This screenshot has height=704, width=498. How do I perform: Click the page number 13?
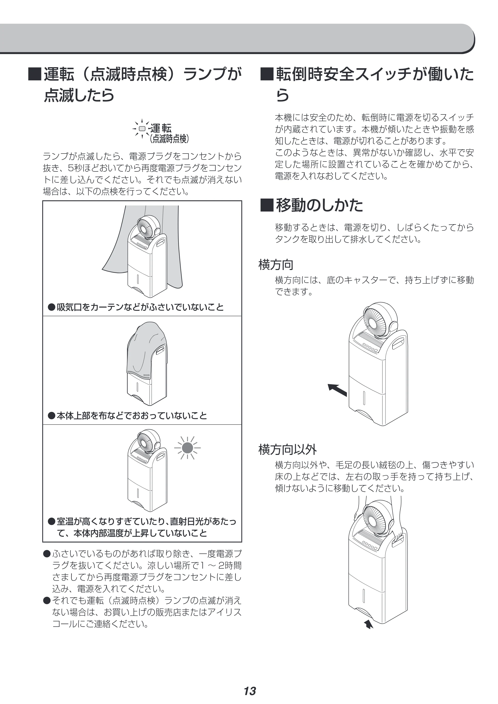(x=250, y=682)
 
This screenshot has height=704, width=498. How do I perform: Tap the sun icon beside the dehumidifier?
(x=187, y=448)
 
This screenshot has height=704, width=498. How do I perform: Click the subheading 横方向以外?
(x=287, y=449)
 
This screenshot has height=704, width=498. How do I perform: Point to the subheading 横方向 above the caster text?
(x=276, y=265)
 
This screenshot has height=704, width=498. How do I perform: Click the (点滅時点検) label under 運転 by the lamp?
(x=169, y=139)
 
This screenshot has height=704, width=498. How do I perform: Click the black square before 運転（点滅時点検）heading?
(x=34, y=74)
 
